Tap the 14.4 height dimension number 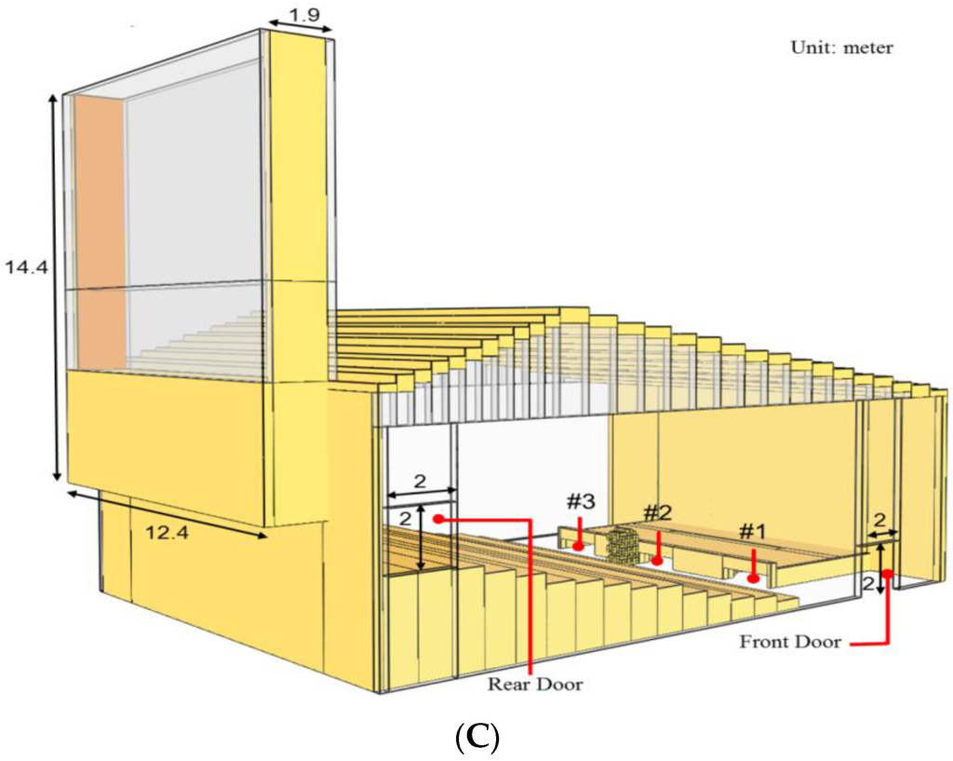pos(23,267)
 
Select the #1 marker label pos(752,532)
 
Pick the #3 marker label pos(580,501)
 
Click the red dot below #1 pos(752,579)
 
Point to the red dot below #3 pos(579,547)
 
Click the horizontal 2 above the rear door pos(419,482)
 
